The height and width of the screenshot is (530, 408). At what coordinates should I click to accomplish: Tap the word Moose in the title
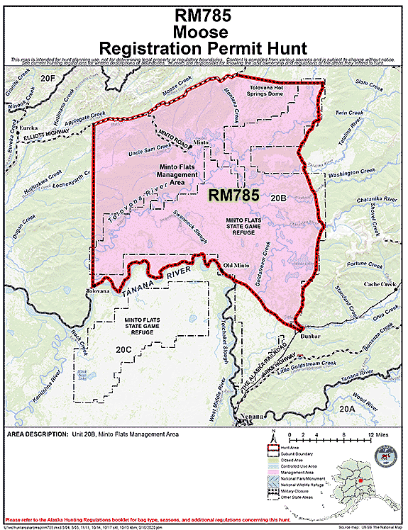pyautogui.click(x=204, y=32)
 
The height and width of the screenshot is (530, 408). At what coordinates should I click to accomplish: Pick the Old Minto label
pyautogui.click(x=237, y=265)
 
